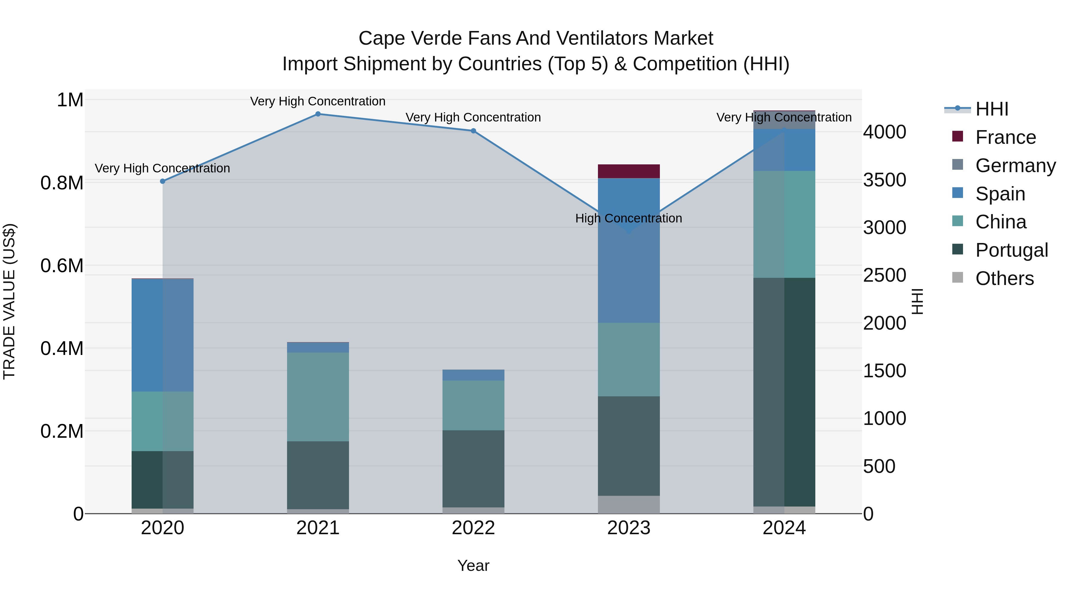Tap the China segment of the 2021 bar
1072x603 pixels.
pyautogui.click(x=318, y=397)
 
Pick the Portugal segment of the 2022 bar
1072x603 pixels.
pyautogui.click(x=473, y=469)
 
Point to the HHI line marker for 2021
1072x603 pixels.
pyautogui.click(x=318, y=114)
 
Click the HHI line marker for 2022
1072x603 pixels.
pyautogui.click(x=473, y=131)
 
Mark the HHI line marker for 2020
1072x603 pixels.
pyautogui.click(x=163, y=181)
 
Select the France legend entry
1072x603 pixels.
pyautogui.click(x=1005, y=137)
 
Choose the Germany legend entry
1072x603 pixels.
pyautogui.click(x=1015, y=166)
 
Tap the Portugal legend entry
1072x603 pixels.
pyautogui.click(x=1011, y=250)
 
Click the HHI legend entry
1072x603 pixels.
pyautogui.click(x=991, y=109)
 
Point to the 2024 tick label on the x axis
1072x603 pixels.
pyautogui.click(x=784, y=528)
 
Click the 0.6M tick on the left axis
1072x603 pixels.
pyautogui.click(x=62, y=266)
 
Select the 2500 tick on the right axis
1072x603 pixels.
pyautogui.click(x=884, y=275)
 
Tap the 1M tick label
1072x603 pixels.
pyautogui.click(x=70, y=100)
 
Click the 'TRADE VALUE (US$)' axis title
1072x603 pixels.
pyautogui.click(x=9, y=301)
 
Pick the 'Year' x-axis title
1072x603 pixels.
pyautogui.click(x=473, y=565)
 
